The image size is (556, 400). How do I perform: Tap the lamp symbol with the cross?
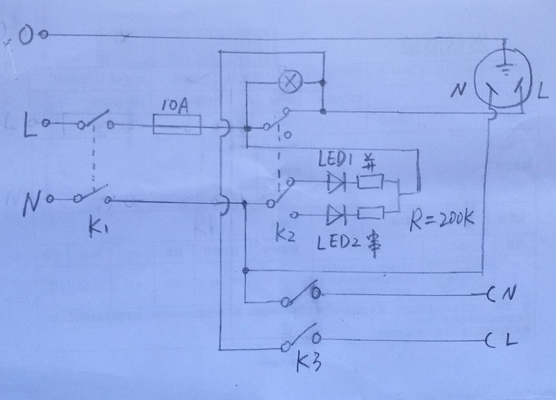point(287,83)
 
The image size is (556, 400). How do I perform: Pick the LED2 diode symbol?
point(336,213)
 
